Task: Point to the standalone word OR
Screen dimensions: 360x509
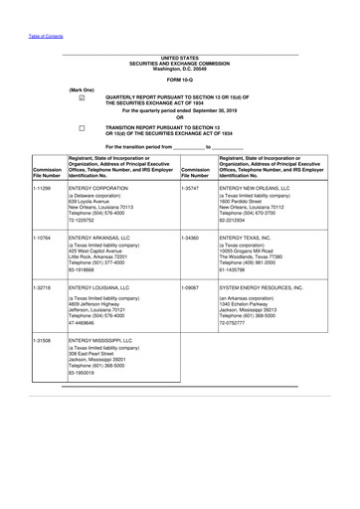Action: click(x=180, y=118)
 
